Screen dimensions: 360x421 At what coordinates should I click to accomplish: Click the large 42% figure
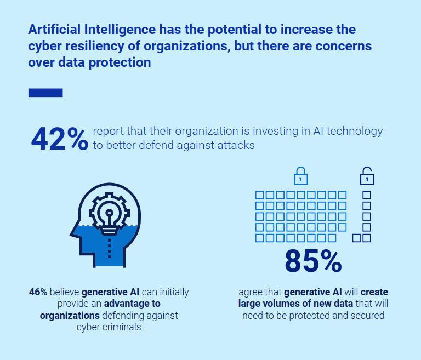tap(59, 139)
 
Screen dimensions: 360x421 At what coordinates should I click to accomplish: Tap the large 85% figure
tap(313, 262)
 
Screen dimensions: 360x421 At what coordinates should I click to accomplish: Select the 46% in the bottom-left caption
tap(38, 292)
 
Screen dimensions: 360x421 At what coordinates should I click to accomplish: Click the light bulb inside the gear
tap(109, 215)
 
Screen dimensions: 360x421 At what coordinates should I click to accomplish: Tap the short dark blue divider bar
tap(45, 93)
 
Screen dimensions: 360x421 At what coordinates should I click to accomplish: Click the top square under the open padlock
tap(367, 195)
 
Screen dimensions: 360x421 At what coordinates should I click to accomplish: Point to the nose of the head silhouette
tap(72, 233)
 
